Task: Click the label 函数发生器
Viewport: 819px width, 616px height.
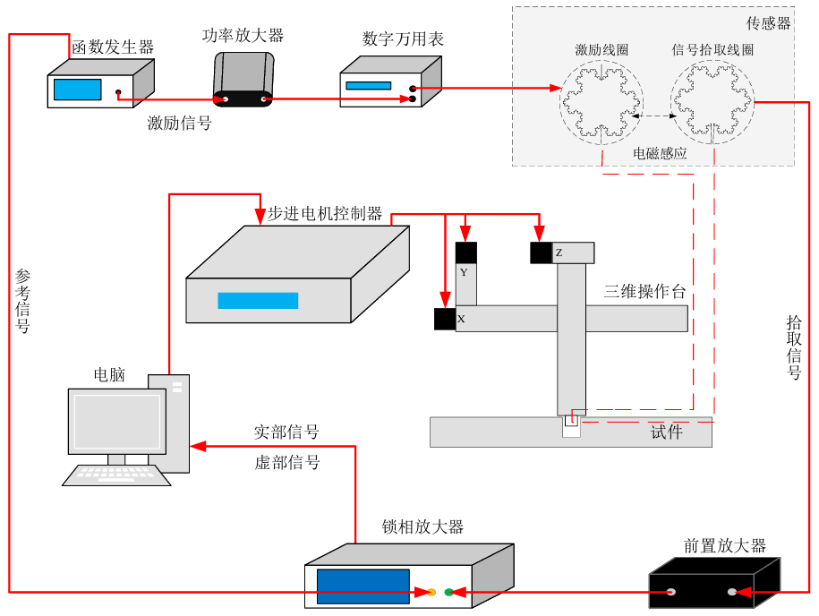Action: tap(112, 47)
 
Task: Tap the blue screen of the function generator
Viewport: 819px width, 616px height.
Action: tap(77, 90)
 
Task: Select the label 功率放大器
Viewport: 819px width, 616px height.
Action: tap(243, 36)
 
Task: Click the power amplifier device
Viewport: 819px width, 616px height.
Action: tap(243, 81)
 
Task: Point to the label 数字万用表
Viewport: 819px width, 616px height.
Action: tap(403, 39)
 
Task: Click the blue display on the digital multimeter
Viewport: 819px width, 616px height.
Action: tap(368, 86)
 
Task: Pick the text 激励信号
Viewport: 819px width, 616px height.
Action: tap(179, 124)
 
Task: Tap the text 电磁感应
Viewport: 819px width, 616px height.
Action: tap(660, 153)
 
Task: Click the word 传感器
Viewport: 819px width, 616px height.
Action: tap(769, 24)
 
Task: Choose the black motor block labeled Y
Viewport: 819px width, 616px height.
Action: tap(466, 253)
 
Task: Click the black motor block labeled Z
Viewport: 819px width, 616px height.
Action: tap(541, 253)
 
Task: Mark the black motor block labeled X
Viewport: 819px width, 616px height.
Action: tap(445, 319)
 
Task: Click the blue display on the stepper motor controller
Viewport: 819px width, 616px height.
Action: tap(258, 301)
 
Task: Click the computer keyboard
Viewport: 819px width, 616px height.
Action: tap(116, 475)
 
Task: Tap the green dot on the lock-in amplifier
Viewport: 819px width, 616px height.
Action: tap(448, 592)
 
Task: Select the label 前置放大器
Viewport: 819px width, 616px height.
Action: tap(724, 546)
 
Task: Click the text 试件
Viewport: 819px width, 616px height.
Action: tap(667, 433)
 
